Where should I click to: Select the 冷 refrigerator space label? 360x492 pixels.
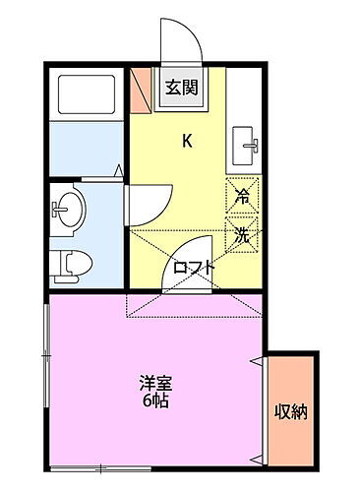click(x=241, y=195)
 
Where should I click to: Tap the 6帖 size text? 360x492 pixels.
click(x=152, y=401)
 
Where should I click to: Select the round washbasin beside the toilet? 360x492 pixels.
click(x=69, y=208)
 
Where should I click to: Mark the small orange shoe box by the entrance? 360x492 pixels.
click(x=139, y=87)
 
